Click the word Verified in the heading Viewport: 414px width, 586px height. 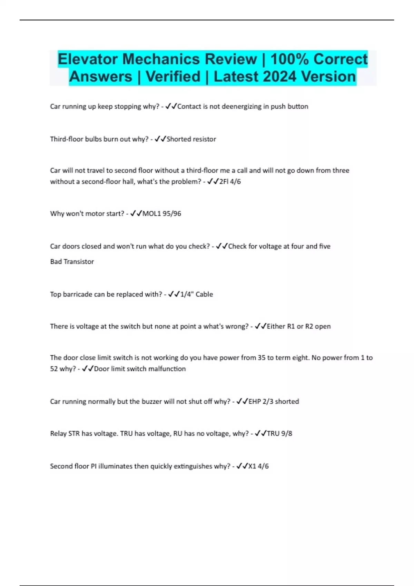pyautogui.click(x=173, y=77)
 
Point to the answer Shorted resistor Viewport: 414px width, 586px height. pyautogui.click(x=191, y=139)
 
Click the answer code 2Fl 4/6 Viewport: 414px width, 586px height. pyautogui.click(x=230, y=182)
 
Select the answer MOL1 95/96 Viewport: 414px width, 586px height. pyautogui.click(x=162, y=214)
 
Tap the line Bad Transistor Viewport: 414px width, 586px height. pyautogui.click(x=72, y=262)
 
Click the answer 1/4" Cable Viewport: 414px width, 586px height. pyautogui.click(x=196, y=294)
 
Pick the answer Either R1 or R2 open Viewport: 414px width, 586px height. pyautogui.click(x=298, y=326)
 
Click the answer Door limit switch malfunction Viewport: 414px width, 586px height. pyautogui.click(x=140, y=369)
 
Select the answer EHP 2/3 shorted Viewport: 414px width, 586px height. pyautogui.click(x=274, y=402)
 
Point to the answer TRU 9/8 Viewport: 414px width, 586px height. pyautogui.click(x=279, y=434)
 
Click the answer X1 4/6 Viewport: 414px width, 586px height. pyautogui.click(x=258, y=466)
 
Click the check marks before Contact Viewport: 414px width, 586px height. pyautogui.click(x=171, y=107)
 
